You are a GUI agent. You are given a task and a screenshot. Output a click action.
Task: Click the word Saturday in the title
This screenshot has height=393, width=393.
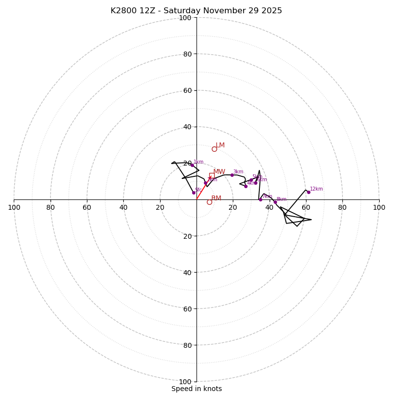click(182, 11)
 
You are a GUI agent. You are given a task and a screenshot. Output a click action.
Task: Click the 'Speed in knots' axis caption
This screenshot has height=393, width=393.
click(196, 389)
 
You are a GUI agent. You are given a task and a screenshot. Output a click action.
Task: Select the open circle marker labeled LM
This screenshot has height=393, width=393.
click(214, 149)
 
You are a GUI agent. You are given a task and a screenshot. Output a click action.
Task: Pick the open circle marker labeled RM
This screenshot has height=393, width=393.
click(209, 202)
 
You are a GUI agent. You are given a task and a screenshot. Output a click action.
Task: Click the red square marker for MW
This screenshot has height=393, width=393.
click(212, 175)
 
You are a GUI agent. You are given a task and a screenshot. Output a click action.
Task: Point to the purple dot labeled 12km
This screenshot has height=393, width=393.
click(309, 192)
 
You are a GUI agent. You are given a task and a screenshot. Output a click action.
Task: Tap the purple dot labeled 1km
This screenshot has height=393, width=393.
click(192, 165)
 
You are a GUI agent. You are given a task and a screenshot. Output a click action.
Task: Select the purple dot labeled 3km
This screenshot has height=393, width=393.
click(232, 175)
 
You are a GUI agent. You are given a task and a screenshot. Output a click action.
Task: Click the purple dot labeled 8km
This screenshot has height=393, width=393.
click(275, 202)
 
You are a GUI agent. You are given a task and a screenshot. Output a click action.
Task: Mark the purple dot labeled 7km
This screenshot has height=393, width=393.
click(260, 199)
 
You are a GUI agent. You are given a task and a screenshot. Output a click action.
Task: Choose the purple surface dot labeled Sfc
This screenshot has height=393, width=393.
click(194, 193)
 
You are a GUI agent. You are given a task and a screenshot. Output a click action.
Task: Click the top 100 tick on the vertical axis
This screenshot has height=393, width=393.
click(185, 18)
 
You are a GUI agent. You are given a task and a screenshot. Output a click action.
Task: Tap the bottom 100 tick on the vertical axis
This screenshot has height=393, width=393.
click(185, 382)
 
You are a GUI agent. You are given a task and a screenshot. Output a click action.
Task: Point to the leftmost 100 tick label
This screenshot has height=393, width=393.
click(14, 207)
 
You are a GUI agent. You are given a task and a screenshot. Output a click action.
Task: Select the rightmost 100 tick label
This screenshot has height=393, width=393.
click(379, 207)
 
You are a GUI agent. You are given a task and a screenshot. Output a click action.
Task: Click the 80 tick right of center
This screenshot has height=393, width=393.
click(342, 207)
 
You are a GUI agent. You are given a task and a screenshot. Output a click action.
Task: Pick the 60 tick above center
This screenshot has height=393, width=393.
click(187, 90)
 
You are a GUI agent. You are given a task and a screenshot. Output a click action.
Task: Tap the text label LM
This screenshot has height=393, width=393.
click(220, 145)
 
